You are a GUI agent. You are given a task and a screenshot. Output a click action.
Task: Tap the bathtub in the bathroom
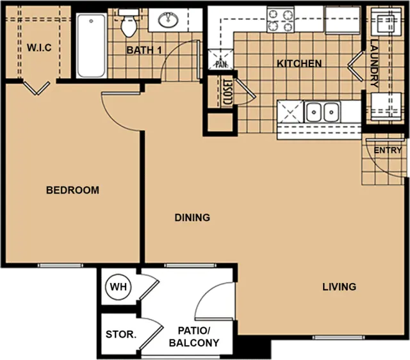(91, 45)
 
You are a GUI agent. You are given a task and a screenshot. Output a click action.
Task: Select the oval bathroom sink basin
(168, 20)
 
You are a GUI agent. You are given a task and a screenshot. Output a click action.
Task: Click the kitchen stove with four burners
(281, 20)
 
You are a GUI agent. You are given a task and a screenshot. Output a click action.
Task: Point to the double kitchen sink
(322, 112)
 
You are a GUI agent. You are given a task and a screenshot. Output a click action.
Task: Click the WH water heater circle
(118, 287)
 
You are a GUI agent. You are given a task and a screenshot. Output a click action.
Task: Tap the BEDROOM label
(72, 190)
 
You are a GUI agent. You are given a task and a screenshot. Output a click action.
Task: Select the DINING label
(192, 218)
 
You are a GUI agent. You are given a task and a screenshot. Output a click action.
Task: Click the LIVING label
(339, 287)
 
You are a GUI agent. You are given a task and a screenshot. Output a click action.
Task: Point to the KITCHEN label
(299, 63)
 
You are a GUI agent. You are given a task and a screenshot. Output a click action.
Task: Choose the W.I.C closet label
(39, 47)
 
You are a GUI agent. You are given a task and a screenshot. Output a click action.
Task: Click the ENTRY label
(388, 151)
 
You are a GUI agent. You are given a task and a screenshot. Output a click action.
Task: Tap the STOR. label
(121, 334)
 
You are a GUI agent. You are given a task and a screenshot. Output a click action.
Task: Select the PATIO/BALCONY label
(194, 337)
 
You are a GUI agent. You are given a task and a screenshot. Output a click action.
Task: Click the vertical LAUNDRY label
(374, 63)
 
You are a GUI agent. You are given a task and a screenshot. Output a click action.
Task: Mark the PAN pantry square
(220, 60)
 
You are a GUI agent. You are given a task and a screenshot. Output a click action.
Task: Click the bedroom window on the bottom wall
(60, 265)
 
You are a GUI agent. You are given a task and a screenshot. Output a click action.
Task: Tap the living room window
(338, 338)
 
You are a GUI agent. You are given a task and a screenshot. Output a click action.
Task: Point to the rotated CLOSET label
(226, 92)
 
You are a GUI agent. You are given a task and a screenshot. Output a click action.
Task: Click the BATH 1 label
(144, 50)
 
